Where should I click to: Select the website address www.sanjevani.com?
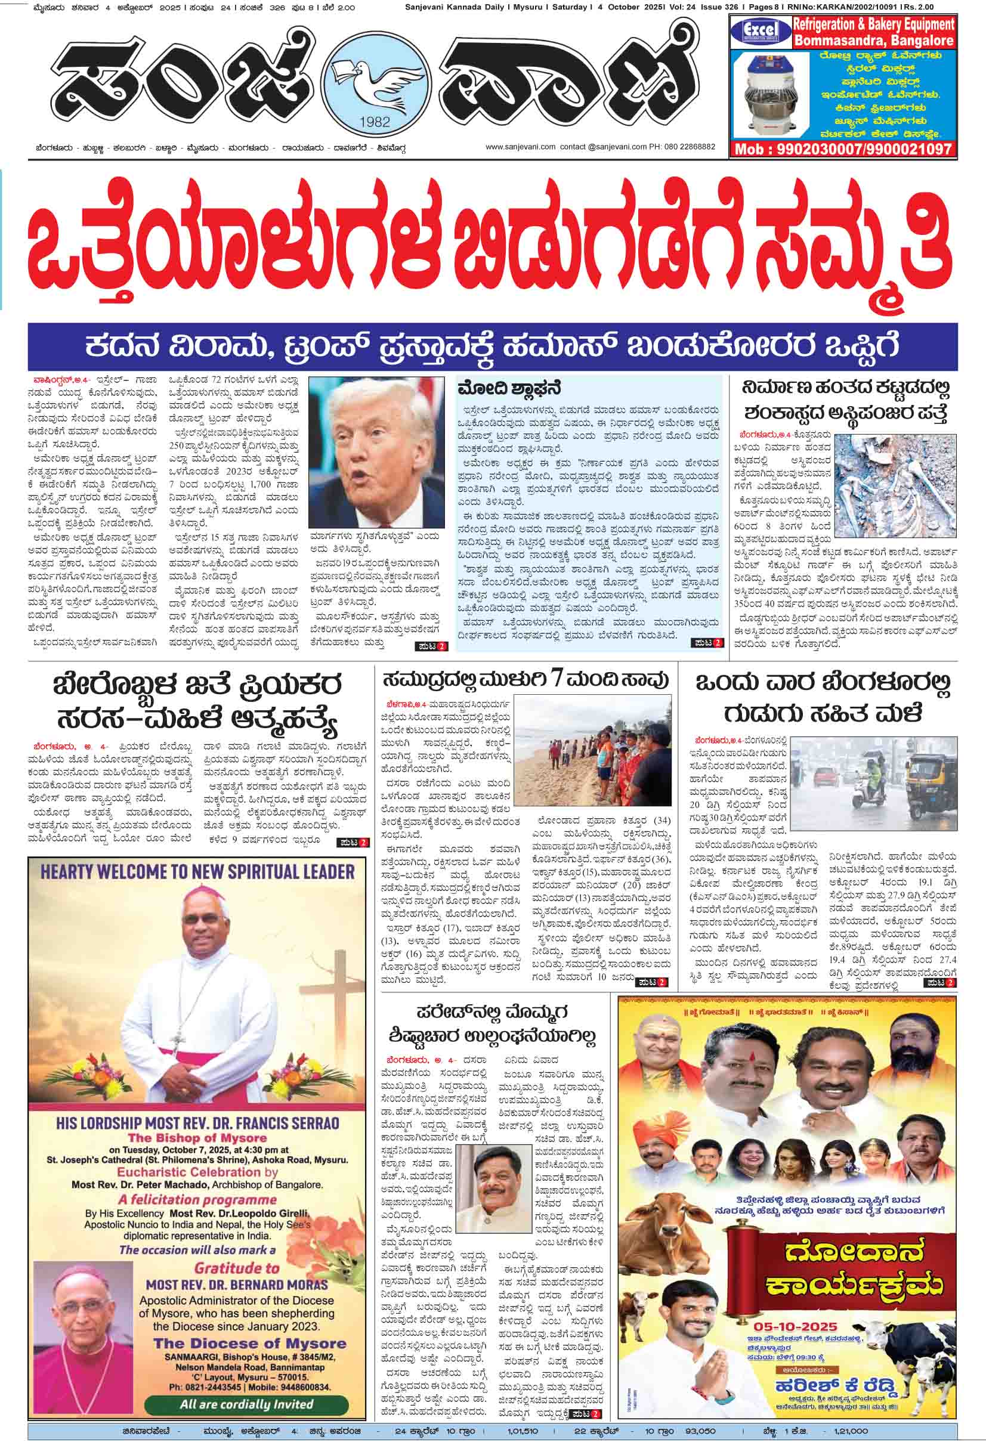coord(520,147)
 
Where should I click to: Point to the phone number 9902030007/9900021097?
coord(843,149)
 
